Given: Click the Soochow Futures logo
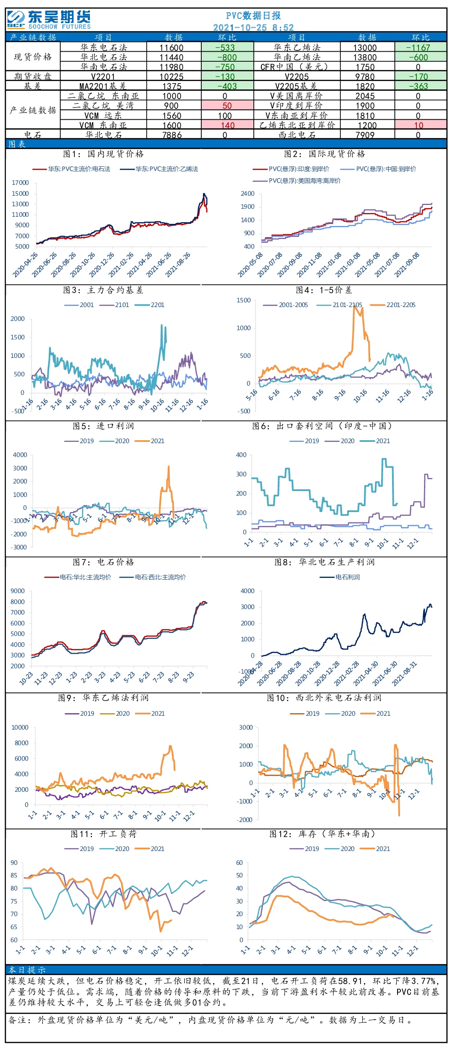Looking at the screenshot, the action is coord(49,20).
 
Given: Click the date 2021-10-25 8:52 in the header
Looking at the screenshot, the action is coord(253,28).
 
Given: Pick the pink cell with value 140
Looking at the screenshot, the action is coord(228,125).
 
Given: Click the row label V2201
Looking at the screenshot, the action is coord(103,77).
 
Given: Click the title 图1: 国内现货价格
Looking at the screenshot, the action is coord(103,154).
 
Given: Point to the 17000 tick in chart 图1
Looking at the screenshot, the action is coord(20,183).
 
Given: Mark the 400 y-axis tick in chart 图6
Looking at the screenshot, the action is coord(241,455).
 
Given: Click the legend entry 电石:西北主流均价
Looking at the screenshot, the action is coord(153,577).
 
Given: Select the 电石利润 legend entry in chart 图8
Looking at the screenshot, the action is coord(340,577).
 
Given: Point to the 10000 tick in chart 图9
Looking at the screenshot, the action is coord(20,728).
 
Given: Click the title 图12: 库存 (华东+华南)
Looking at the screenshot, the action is coord(322,834).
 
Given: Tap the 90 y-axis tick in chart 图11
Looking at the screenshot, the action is coord(14,863).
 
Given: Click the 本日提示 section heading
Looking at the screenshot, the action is coord(27,970).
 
